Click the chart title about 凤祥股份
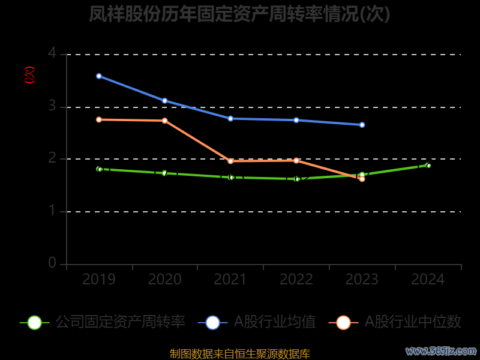(239, 14)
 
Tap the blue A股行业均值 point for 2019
(98, 76)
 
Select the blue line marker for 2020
(164, 101)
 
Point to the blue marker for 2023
(362, 125)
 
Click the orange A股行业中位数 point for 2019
(98, 119)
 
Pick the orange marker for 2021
(230, 161)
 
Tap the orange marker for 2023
(362, 179)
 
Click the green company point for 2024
(428, 165)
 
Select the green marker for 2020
(164, 173)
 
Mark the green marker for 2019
(99, 169)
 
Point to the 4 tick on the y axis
(52, 54)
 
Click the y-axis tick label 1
(52, 211)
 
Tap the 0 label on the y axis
(52, 263)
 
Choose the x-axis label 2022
(296, 280)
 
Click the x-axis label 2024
(428, 280)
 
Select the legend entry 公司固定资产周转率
(120, 322)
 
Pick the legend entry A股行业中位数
(413, 322)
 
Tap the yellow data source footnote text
(240, 353)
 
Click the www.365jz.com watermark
(441, 350)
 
